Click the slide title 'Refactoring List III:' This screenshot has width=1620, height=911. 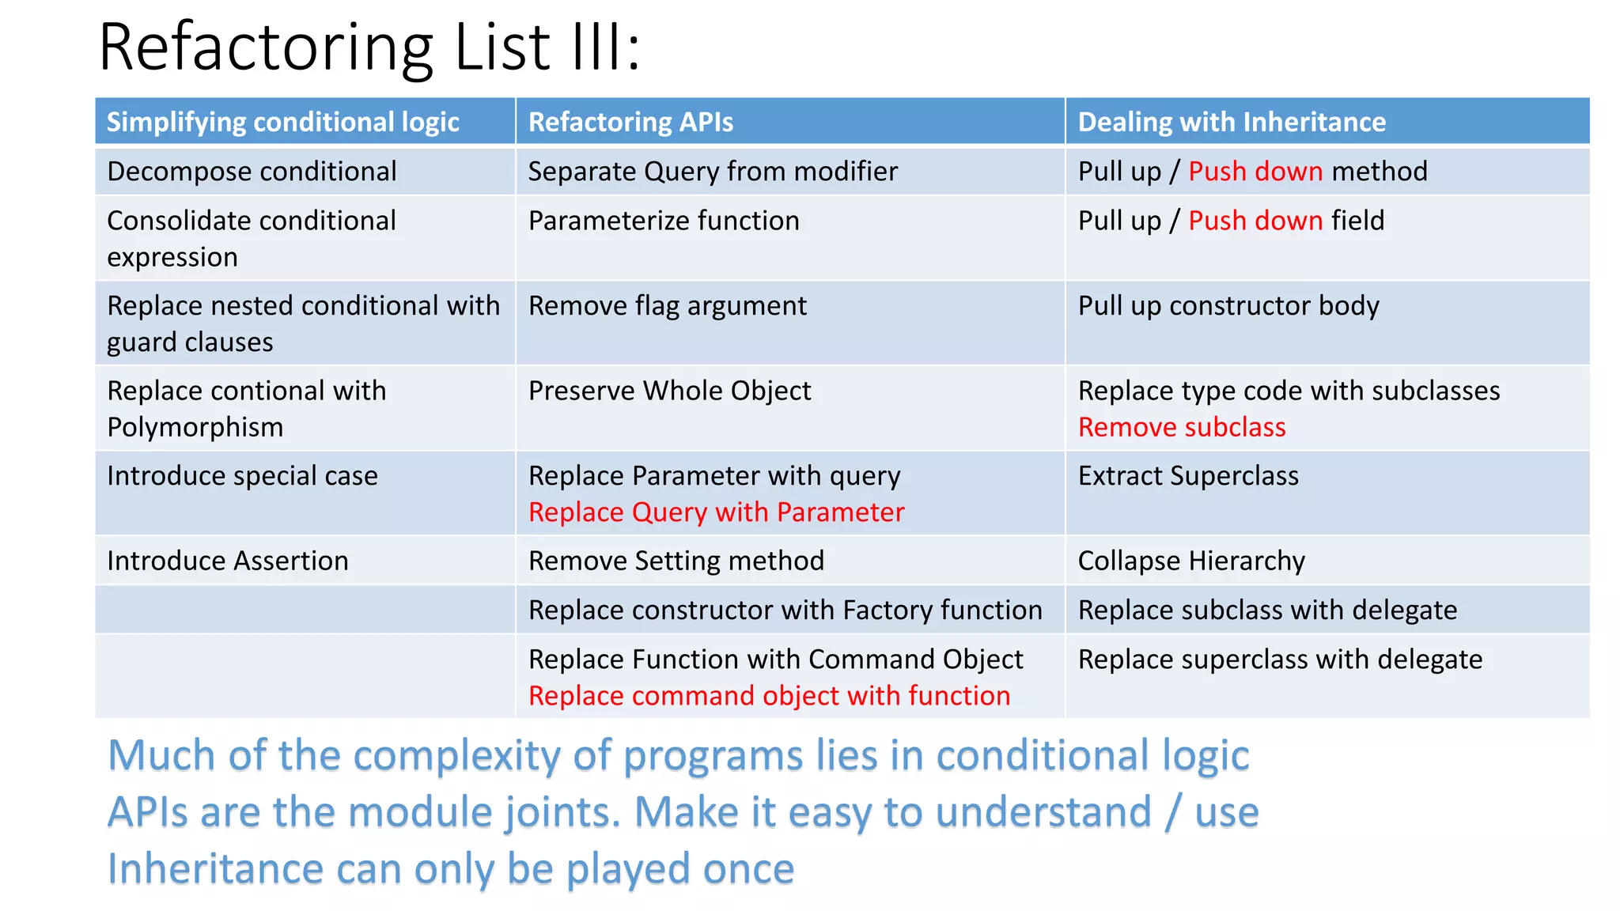click(x=369, y=47)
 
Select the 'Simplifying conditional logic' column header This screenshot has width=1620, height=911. click(x=282, y=122)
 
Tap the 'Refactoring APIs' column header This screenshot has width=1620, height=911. click(x=630, y=122)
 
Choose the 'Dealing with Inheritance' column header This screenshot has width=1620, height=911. click(x=1232, y=122)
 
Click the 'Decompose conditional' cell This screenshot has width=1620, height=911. click(x=252, y=172)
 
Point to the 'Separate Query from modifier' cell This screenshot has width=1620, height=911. click(x=713, y=172)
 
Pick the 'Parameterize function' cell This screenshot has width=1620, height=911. click(x=664, y=221)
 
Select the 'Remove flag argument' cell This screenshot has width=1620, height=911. click(x=668, y=306)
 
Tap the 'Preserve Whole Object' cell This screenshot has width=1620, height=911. click(x=669, y=391)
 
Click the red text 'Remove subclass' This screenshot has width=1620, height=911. click(x=1182, y=427)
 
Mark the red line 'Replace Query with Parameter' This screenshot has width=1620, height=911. click(x=716, y=512)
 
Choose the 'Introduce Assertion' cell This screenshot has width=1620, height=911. click(x=228, y=561)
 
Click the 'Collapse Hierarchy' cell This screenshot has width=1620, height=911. click(x=1191, y=561)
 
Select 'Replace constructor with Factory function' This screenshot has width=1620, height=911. click(x=785, y=610)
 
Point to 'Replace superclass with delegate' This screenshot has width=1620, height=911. click(x=1280, y=659)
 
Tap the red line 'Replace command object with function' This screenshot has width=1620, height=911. click(x=769, y=696)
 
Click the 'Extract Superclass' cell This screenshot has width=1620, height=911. click(x=1188, y=476)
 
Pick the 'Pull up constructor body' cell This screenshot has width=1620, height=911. click(x=1228, y=306)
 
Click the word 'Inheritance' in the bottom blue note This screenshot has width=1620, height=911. click(x=215, y=869)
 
